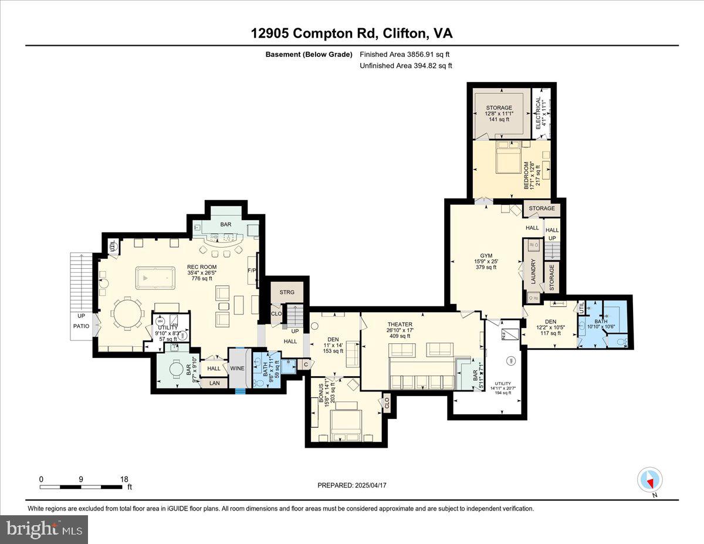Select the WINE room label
(x=237, y=368)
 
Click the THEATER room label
(x=400, y=324)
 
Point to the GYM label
(x=486, y=255)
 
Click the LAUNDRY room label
(x=533, y=272)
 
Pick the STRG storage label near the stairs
(x=287, y=292)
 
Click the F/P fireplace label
(x=252, y=271)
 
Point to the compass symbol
(x=649, y=480)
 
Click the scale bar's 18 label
(x=124, y=479)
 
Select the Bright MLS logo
(x=44, y=529)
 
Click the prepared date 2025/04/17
(x=352, y=485)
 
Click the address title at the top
(x=352, y=33)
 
